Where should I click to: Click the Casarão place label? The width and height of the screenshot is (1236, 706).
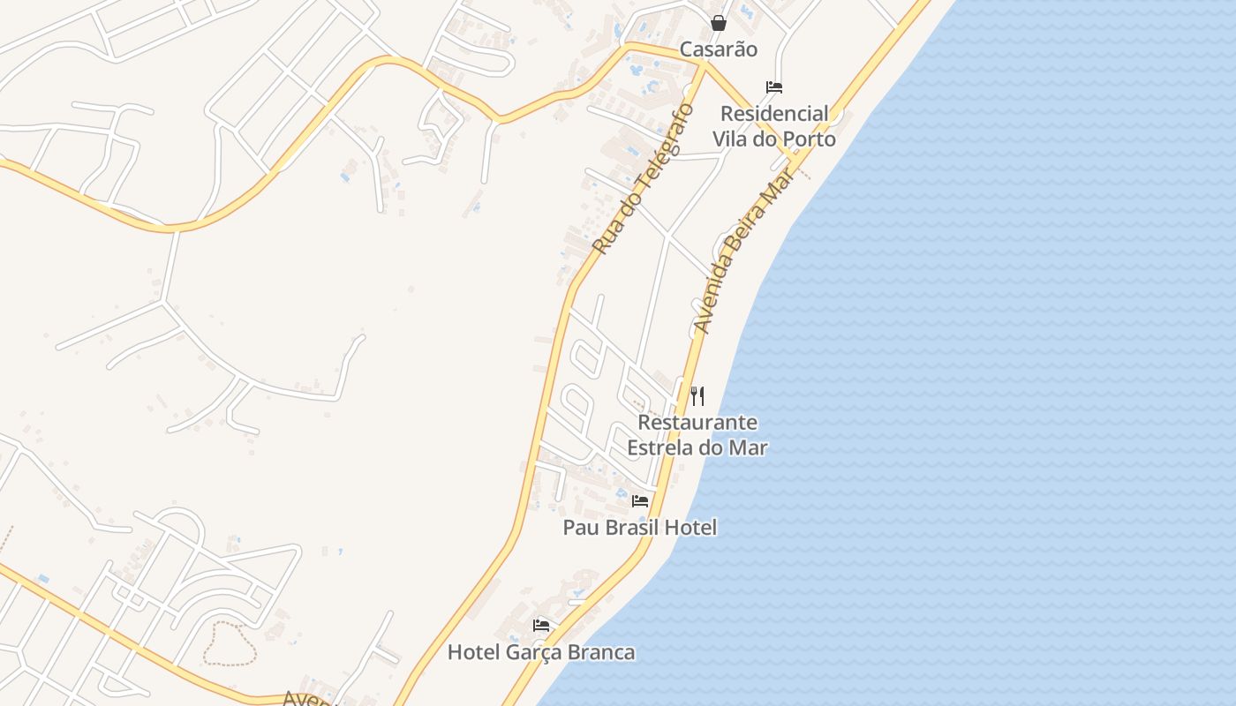718,49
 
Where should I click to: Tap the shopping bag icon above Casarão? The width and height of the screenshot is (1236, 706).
719,23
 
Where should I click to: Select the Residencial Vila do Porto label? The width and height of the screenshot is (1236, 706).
774,126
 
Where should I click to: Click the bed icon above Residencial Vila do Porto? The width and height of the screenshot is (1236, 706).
774,87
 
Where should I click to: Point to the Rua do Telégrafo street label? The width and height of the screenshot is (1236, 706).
644,179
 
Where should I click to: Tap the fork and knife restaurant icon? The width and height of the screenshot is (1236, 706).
697,395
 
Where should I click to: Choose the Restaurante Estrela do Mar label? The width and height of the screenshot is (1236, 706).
697,435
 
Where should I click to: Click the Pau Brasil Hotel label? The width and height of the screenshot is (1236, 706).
640,528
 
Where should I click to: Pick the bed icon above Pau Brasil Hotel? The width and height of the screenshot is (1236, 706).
640,501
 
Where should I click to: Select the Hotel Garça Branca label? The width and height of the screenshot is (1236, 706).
541,653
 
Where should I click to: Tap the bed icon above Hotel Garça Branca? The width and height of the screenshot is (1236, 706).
541,626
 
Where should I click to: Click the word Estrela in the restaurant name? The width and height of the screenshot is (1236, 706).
660,447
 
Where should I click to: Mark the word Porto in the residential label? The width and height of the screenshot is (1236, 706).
806,139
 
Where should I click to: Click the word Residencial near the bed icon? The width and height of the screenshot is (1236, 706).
774,114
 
